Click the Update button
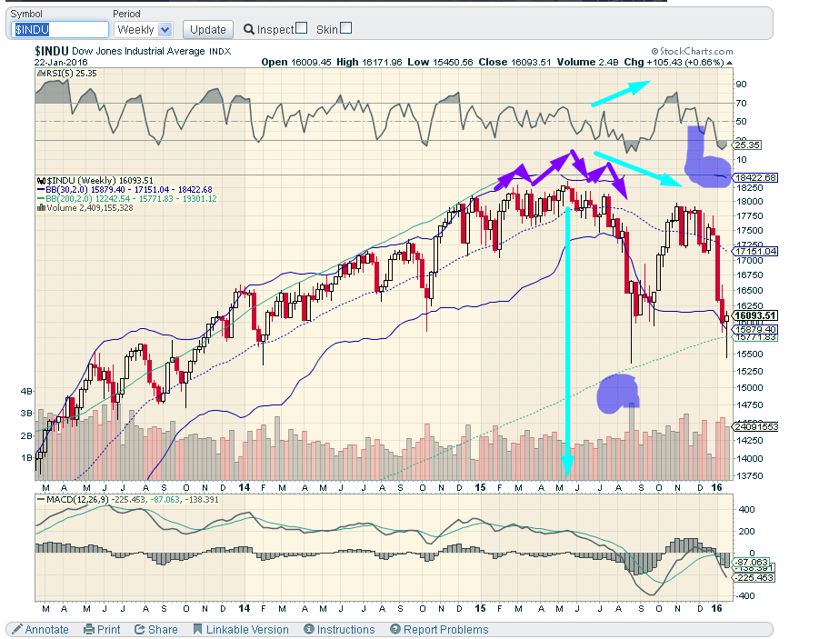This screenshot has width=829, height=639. pyautogui.click(x=208, y=29)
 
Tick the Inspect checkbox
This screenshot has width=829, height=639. pyautogui.click(x=302, y=28)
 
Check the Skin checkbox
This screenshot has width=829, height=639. pyautogui.click(x=345, y=28)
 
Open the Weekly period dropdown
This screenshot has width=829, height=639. pyautogui.click(x=144, y=30)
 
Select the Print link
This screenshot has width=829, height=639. pyautogui.click(x=102, y=629)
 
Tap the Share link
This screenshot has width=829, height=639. pyautogui.click(x=156, y=629)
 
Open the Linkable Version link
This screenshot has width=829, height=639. pyautogui.click(x=241, y=629)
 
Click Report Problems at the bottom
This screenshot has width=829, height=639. pyautogui.click(x=439, y=629)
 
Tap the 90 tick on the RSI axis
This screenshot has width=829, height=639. pyautogui.click(x=742, y=84)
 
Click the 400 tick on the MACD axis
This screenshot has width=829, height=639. pyautogui.click(x=745, y=510)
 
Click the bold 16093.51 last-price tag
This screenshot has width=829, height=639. pyautogui.click(x=756, y=315)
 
